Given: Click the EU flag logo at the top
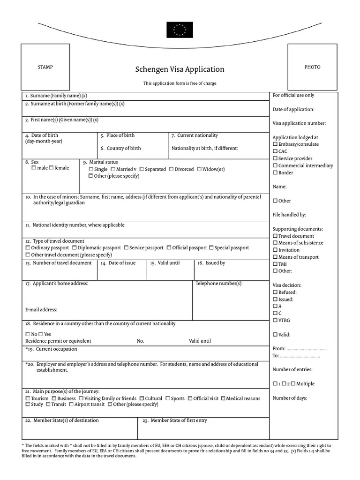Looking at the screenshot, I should [180, 30].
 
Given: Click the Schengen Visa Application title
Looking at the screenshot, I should [180, 69].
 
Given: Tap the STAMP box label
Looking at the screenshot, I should [45, 67].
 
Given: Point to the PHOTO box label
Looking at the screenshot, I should [312, 67].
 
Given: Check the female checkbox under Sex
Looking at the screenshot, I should [51, 168].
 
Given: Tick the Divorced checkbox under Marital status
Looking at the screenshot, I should [172, 169].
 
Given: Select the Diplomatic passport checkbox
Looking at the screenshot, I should [75, 247].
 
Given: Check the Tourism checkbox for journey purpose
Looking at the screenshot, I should [28, 398].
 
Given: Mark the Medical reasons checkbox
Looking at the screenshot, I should [223, 398].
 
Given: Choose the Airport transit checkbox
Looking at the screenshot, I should [71, 404].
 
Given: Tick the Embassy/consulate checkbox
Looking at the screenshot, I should [275, 144].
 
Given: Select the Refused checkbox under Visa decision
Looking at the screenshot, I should [275, 292].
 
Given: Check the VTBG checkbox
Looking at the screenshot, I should [275, 320].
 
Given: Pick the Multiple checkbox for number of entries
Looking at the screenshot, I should [293, 383].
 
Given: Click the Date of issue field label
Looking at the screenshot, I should [122, 263].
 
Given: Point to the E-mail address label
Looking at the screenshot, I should [41, 310].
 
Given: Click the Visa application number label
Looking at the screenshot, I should [299, 123].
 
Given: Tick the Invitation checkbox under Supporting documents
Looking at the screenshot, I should [275, 250].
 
